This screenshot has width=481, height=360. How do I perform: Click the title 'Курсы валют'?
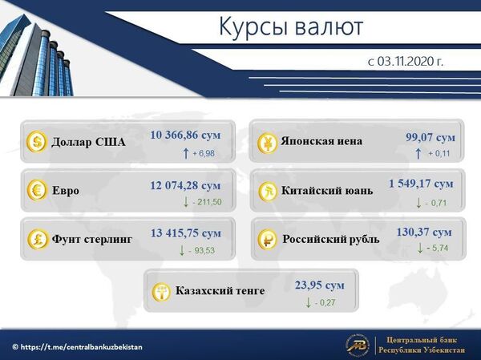pyautogui.click(x=291, y=27)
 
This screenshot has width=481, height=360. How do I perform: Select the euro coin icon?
pyautogui.click(x=37, y=191)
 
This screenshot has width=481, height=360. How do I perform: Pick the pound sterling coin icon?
pyautogui.click(x=37, y=238)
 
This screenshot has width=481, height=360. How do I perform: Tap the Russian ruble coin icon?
pyautogui.click(x=266, y=238)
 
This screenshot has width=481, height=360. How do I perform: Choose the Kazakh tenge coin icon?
pyautogui.click(x=161, y=290)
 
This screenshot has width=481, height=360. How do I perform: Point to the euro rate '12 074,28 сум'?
pyautogui.click(x=185, y=185)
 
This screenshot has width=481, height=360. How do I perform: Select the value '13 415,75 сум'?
pyautogui.click(x=185, y=233)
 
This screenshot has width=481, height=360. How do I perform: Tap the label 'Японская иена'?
pyautogui.click(x=321, y=141)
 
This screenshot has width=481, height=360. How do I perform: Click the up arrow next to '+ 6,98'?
pyautogui.click(x=186, y=152)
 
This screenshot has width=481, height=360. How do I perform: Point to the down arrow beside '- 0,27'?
pyautogui.click(x=308, y=302)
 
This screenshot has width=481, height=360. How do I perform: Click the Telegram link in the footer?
pyautogui.click(x=78, y=346)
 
